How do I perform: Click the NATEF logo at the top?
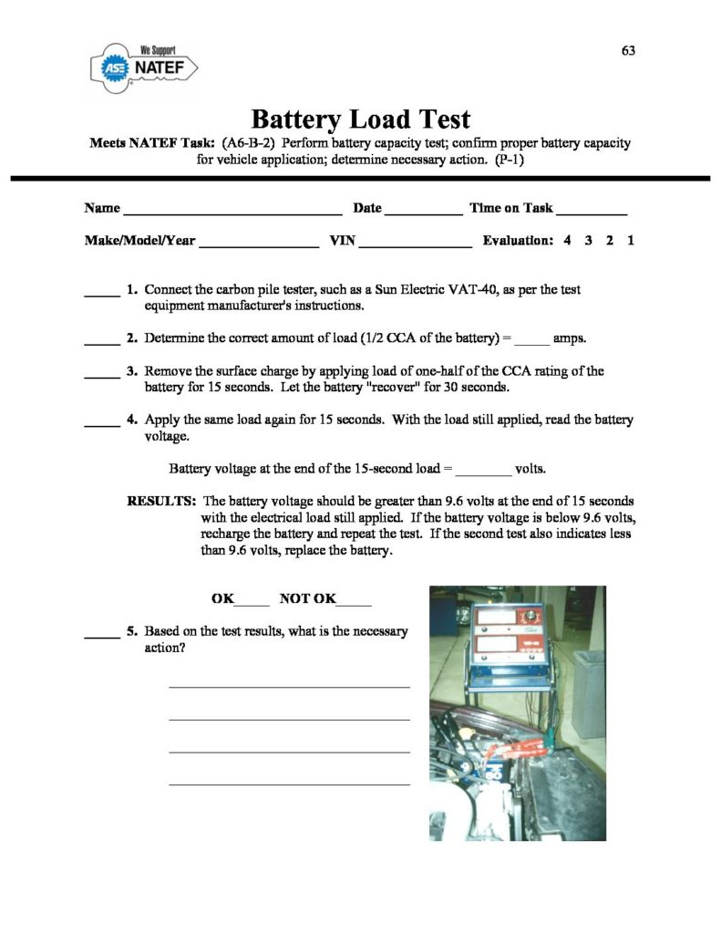click(x=143, y=67)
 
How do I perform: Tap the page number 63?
click(x=628, y=50)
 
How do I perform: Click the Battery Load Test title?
click(x=360, y=119)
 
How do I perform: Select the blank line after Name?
click(x=232, y=211)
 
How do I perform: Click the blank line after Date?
click(x=423, y=211)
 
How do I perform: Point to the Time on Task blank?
click(x=592, y=211)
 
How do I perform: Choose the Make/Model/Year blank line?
click(x=258, y=244)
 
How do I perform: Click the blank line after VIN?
click(x=417, y=244)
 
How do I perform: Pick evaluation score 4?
click(x=567, y=241)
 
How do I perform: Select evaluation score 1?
click(x=631, y=241)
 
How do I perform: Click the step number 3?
click(x=132, y=371)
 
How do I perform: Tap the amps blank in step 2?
click(x=532, y=342)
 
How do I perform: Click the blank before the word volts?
click(x=483, y=473)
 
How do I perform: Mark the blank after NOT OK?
click(x=354, y=603)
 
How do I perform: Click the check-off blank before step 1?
click(x=102, y=294)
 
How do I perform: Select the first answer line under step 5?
click(x=289, y=686)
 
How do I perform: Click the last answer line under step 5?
click(x=289, y=784)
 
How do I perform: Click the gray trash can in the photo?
click(x=588, y=692)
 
